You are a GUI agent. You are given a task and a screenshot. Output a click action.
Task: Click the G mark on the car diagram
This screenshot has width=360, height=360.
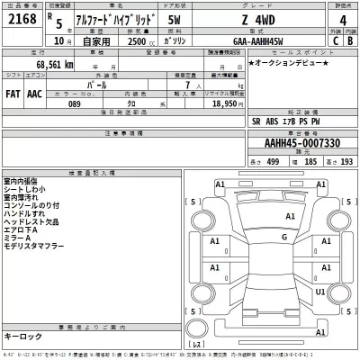tap(284, 237)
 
